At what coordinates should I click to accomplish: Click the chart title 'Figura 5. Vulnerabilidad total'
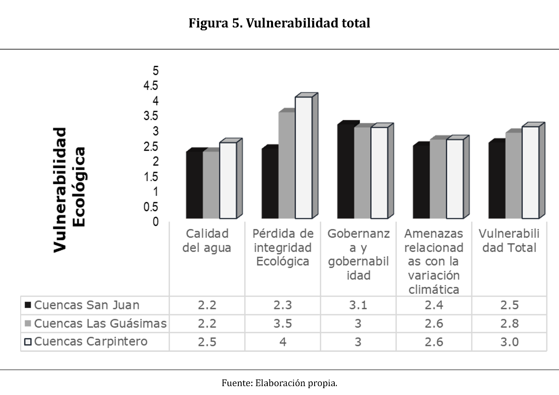[279, 23]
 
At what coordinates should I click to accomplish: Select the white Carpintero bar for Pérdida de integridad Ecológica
[304, 158]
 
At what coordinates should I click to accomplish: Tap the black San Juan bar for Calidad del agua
[194, 185]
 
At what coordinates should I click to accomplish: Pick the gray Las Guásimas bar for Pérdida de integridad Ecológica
[287, 165]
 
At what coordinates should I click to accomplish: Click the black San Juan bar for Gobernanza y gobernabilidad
[346, 171]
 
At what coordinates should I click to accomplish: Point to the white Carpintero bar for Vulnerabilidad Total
[530, 172]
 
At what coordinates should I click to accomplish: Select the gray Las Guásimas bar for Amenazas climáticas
[438, 179]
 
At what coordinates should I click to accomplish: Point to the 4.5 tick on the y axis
[151, 86]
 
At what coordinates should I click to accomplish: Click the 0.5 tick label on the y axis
[151, 207]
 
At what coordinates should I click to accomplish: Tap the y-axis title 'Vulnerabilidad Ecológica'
[69, 190]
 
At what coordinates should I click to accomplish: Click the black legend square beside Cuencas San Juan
[28, 305]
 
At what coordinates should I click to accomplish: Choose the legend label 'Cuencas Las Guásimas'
[100, 323]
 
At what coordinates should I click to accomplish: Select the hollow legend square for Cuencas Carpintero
[28, 342]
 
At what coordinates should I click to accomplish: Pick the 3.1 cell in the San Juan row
[358, 305]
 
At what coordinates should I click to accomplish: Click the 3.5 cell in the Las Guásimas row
[283, 323]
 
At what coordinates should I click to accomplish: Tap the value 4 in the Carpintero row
[283, 342]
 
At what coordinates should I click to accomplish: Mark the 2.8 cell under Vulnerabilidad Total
[509, 323]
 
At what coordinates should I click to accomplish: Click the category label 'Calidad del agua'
[207, 241]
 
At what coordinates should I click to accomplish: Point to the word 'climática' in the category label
[434, 290]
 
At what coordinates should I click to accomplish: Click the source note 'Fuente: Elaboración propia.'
[279, 383]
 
